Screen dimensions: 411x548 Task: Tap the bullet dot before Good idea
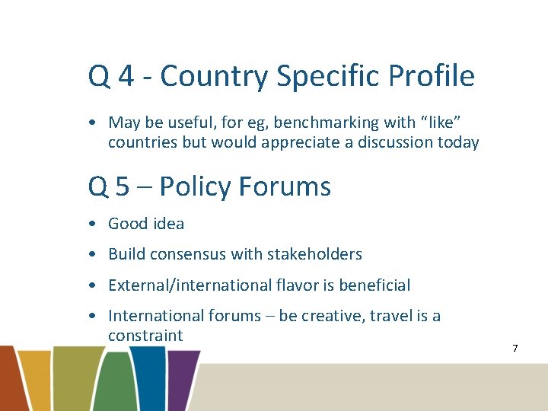pos(91,225)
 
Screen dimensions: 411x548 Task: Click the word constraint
pos(145,336)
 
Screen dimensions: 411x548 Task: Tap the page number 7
pos(515,349)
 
